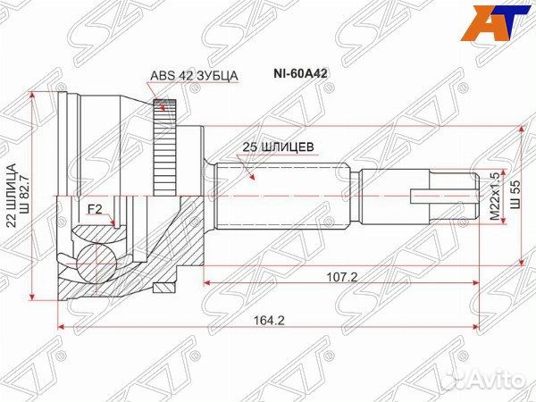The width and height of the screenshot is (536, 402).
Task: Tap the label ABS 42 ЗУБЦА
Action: click(193, 77)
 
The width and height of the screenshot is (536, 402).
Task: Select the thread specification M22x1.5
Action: click(491, 197)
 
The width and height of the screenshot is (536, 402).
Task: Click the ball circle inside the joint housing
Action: click(92, 262)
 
